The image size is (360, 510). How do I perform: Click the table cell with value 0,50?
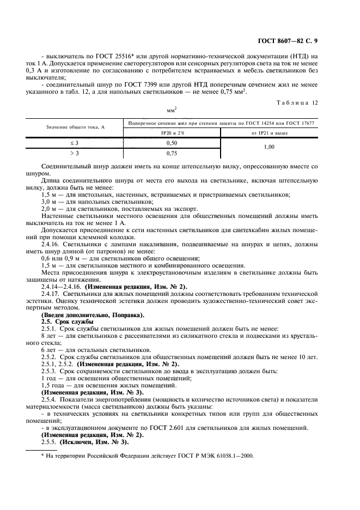[172, 143]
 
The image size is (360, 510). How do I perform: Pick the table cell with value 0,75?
[172, 154]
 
